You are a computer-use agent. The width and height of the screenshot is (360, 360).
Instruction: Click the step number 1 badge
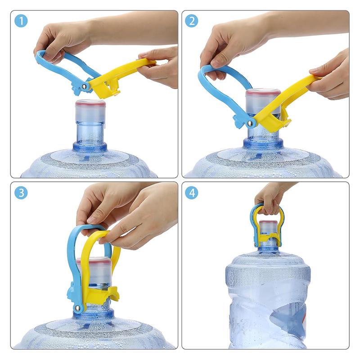21,21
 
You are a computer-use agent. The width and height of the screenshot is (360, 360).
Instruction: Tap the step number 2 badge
192,21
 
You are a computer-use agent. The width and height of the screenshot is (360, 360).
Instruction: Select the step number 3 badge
21,193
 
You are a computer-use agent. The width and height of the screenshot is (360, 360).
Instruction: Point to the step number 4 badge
192,193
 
